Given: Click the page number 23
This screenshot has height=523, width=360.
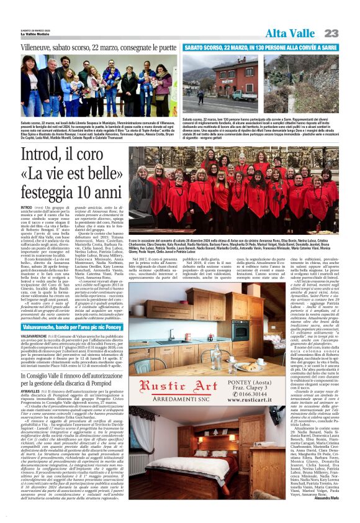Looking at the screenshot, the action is pyautogui.click(x=331, y=33).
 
